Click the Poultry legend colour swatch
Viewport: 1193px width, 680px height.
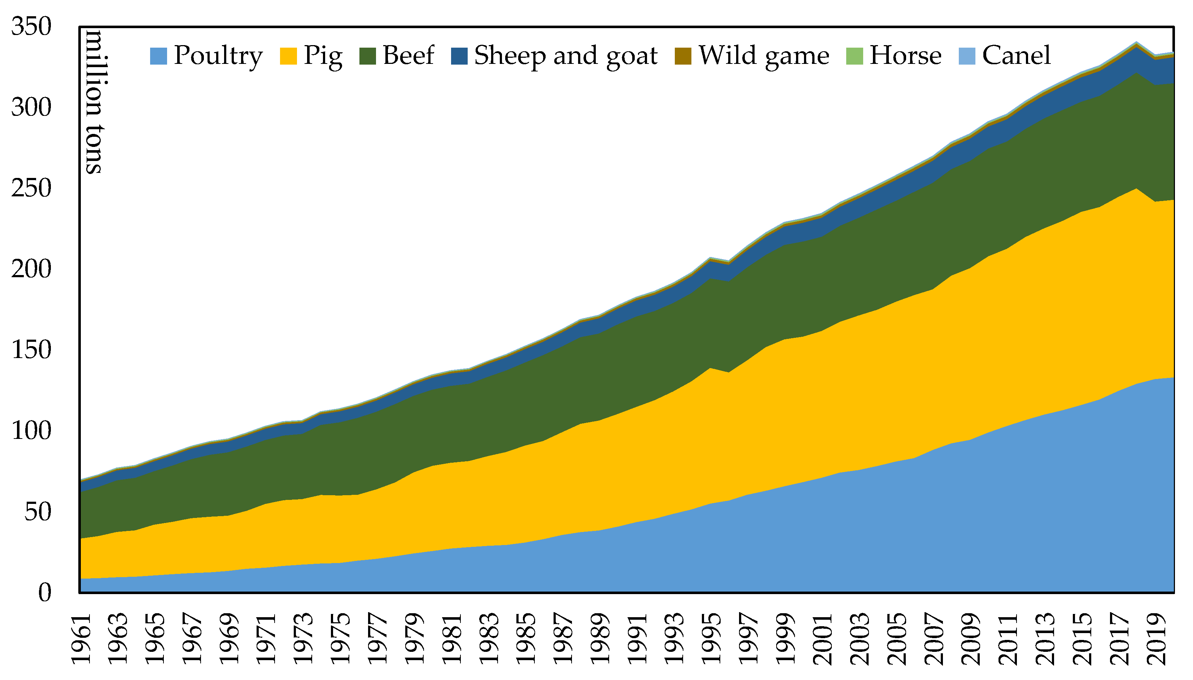pyautogui.click(x=158, y=56)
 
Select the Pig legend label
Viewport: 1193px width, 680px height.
pyautogui.click(x=323, y=56)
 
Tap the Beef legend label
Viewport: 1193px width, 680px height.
pyautogui.click(x=408, y=55)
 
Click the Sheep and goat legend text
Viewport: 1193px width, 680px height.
pyautogui.click(x=565, y=56)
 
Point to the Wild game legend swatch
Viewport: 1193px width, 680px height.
pyautogui.click(x=683, y=56)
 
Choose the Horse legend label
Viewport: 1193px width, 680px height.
pyautogui.click(x=905, y=55)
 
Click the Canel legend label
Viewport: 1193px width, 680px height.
pyautogui.click(x=1016, y=55)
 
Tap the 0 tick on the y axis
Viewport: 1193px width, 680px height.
pyautogui.click(x=44, y=593)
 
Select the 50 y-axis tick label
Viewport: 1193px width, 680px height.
pyautogui.click(x=38, y=512)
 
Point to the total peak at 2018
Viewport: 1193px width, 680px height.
pyautogui.click(x=1136, y=43)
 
